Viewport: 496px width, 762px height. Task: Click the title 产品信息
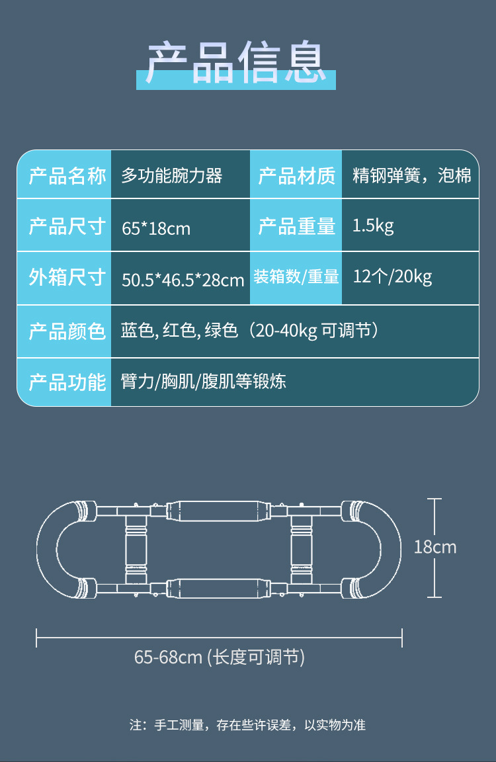[236, 63]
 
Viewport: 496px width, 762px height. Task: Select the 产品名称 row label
[67, 176]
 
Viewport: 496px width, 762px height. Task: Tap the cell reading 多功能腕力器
[172, 176]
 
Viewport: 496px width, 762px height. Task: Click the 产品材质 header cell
[296, 176]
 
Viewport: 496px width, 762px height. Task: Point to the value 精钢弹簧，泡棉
[412, 176]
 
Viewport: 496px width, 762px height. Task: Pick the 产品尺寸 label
[67, 226]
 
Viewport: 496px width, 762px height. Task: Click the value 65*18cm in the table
[156, 229]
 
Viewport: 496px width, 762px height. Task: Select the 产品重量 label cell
[296, 226]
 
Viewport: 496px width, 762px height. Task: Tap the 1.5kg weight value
[373, 226]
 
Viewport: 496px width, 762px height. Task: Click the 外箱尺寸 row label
[67, 278]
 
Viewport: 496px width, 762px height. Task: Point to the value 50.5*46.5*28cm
[183, 280]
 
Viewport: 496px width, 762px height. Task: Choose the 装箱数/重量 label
[296, 277]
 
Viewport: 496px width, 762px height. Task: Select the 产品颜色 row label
[67, 331]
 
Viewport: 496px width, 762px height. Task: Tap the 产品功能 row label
[67, 382]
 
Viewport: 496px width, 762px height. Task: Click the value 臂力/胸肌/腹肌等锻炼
[204, 382]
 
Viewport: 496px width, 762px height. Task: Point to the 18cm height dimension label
[435, 547]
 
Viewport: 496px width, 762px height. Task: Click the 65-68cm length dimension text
[220, 657]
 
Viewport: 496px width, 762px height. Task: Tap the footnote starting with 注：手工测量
[247, 725]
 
